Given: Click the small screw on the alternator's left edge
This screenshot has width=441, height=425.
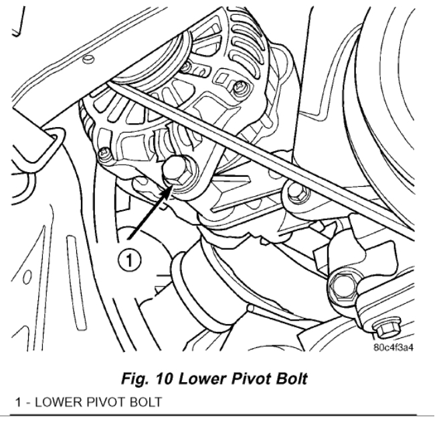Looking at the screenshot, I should pyautogui.click(x=104, y=155).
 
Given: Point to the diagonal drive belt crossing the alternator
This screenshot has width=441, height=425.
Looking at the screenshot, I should pyautogui.click(x=268, y=147).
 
